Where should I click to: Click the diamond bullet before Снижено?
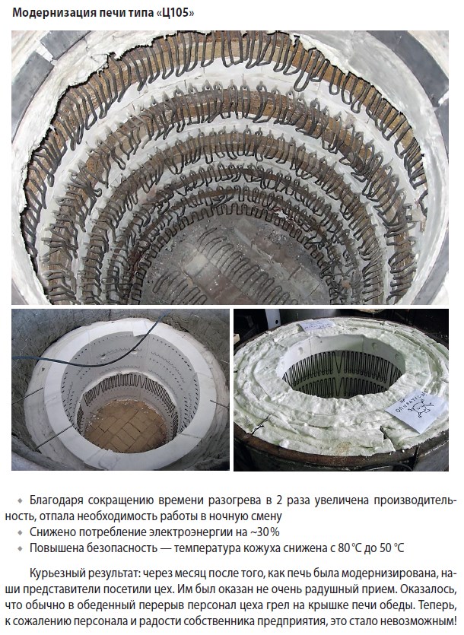[x=20, y=532]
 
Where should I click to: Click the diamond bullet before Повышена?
[x=20, y=548]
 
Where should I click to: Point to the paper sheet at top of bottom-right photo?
[x=318, y=325]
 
